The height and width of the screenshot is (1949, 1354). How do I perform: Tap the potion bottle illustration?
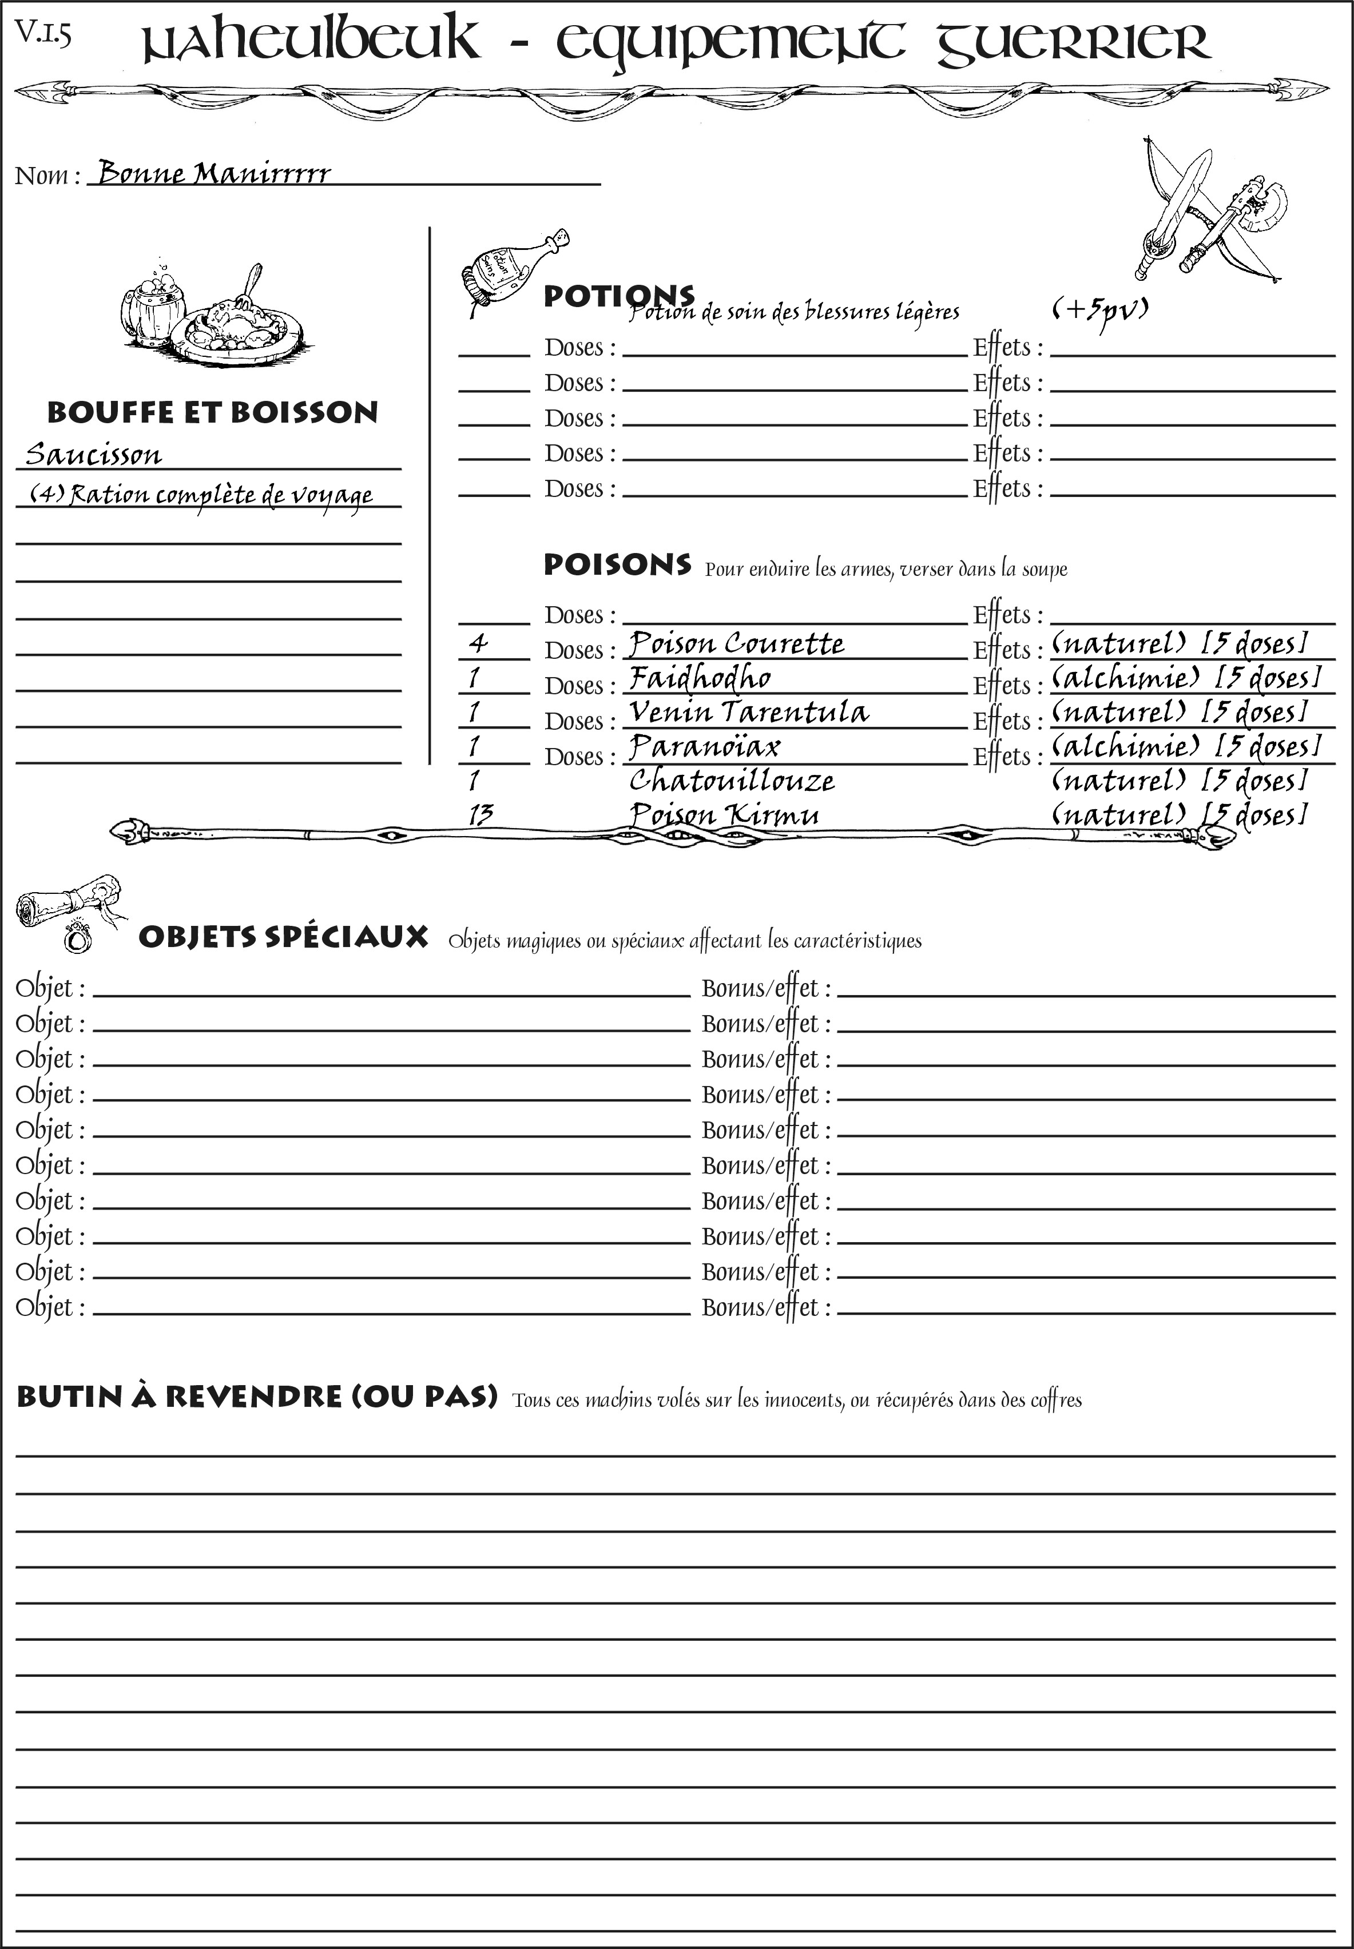click(511, 265)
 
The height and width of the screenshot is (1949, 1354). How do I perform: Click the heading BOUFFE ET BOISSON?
click(212, 412)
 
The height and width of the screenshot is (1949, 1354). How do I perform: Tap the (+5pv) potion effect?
click(1099, 311)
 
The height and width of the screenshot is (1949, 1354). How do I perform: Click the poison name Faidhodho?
click(700, 678)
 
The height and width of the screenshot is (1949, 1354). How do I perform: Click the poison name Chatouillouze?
click(731, 780)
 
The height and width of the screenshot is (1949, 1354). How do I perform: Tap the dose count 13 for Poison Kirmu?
click(480, 815)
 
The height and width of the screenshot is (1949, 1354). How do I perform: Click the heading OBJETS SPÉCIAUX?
click(283, 937)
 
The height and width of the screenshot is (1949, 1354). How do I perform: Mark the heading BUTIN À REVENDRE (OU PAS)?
click(256, 1396)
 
